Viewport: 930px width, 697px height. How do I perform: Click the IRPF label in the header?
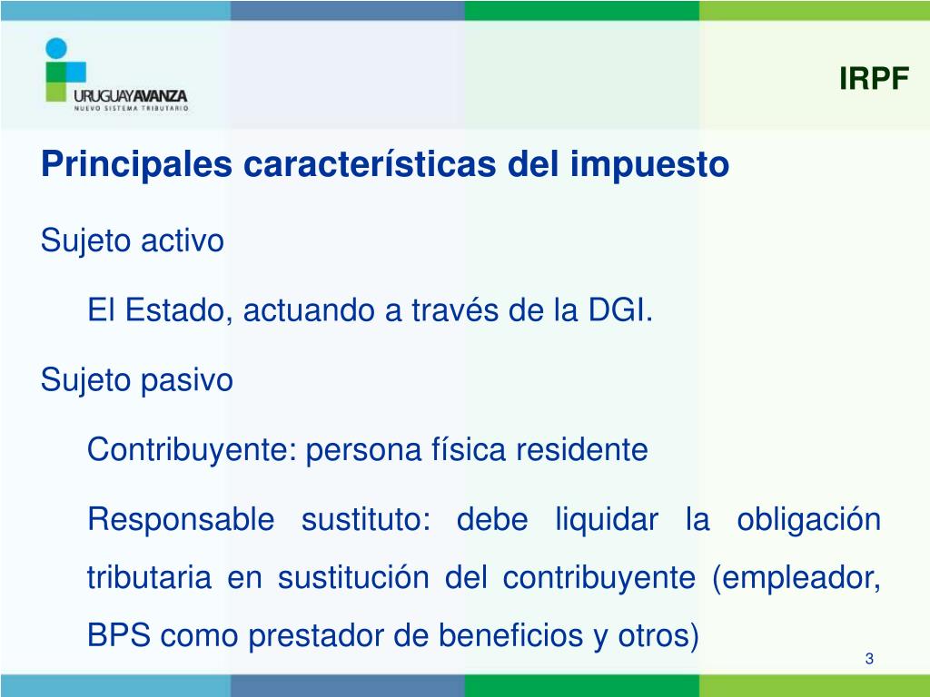(874, 78)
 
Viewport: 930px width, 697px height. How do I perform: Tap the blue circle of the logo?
(56, 49)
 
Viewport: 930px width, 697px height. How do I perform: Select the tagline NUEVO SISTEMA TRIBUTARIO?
(131, 109)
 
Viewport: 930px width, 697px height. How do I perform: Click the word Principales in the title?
(136, 164)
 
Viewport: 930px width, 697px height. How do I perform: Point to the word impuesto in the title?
(648, 164)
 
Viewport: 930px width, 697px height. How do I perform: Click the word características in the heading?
(370, 163)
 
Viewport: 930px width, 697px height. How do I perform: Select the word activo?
(182, 241)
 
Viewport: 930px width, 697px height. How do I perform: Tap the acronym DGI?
(620, 310)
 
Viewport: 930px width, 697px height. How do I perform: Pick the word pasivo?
(186, 380)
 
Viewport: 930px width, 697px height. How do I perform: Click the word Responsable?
(181, 520)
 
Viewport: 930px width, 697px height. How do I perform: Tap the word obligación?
(808, 519)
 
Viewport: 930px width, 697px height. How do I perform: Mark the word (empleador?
(796, 577)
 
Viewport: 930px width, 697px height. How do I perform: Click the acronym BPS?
(119, 635)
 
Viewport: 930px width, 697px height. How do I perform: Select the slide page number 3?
(869, 659)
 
